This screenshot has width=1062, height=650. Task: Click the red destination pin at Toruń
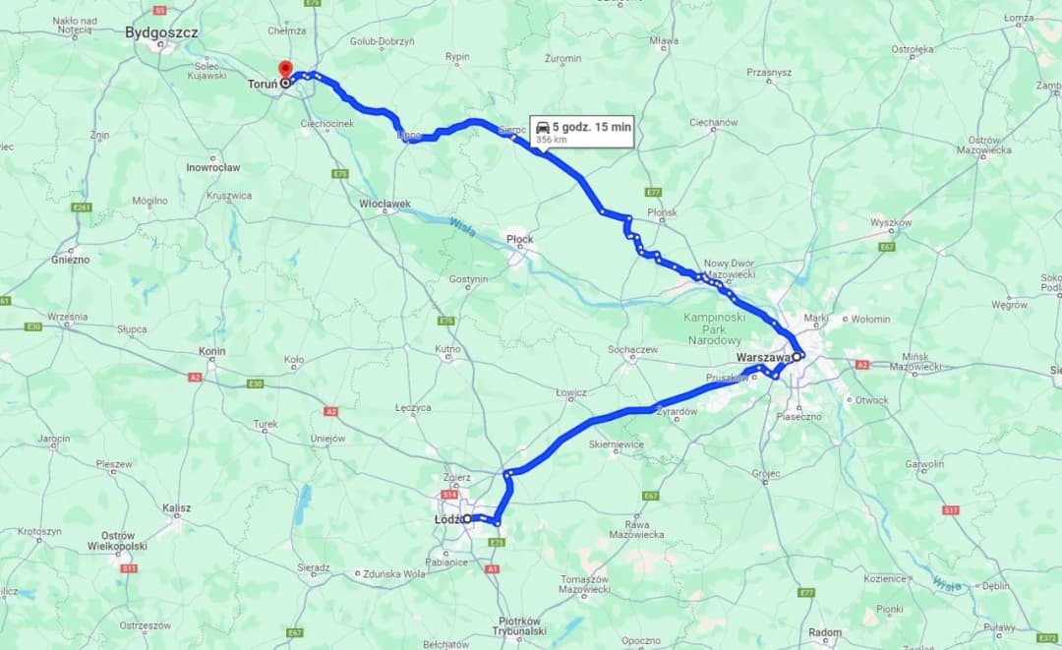pyautogui.click(x=285, y=70)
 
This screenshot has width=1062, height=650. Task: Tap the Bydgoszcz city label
pyautogui.click(x=161, y=32)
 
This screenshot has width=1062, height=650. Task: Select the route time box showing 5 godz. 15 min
pyautogui.click(x=581, y=131)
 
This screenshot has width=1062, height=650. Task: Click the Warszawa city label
pyautogui.click(x=763, y=358)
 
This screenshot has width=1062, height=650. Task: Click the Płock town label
pyautogui.click(x=519, y=239)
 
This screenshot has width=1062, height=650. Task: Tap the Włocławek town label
pyautogui.click(x=384, y=204)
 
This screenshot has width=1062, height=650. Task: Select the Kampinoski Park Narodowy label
pyautogui.click(x=715, y=328)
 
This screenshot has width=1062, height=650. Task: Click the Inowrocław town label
pyautogui.click(x=213, y=167)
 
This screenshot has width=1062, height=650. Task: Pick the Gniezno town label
pyautogui.click(x=71, y=260)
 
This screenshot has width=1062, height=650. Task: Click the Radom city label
pyautogui.click(x=824, y=632)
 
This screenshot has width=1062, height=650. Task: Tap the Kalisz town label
pyautogui.click(x=177, y=508)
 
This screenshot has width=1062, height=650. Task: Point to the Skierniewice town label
pyautogui.click(x=616, y=444)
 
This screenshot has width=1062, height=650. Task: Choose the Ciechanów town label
pyautogui.click(x=713, y=123)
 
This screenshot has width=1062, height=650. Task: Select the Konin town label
pyautogui.click(x=211, y=351)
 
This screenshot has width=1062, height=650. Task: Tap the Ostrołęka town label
pyautogui.click(x=912, y=48)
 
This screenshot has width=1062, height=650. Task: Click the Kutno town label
pyautogui.click(x=447, y=349)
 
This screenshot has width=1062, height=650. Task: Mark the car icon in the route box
pyautogui.click(x=542, y=126)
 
